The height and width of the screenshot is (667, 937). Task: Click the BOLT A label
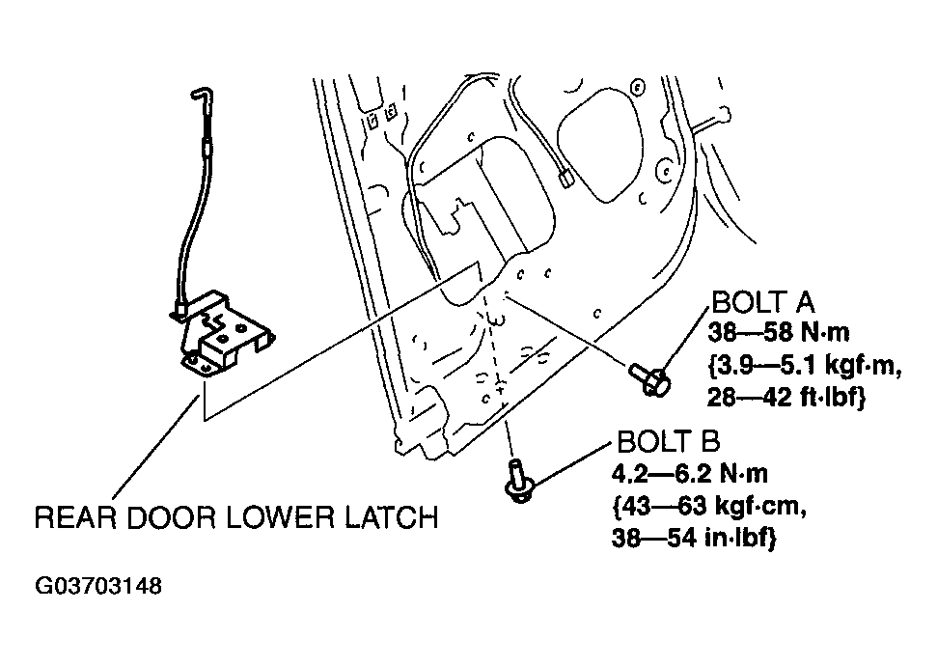tap(763, 302)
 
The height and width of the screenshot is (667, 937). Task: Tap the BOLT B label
tap(669, 442)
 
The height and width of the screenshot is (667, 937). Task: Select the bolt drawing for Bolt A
tap(649, 377)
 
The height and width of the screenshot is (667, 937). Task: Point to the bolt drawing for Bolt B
tap(519, 480)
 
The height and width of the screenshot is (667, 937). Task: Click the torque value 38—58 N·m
tap(779, 332)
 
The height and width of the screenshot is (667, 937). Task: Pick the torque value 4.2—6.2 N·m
tap(690, 474)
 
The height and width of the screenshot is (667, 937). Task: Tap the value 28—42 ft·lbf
tap(786, 397)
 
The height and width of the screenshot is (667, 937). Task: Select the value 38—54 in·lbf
tap(694, 539)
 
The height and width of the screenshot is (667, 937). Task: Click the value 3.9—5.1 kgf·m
tap(805, 365)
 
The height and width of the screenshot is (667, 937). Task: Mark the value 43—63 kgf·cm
tap(710, 506)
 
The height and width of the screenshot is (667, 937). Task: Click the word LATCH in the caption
tap(392, 517)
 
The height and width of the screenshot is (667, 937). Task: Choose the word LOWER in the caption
tap(280, 517)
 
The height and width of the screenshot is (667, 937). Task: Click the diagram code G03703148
tap(98, 586)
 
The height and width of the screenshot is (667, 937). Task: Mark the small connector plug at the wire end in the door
tap(564, 179)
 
